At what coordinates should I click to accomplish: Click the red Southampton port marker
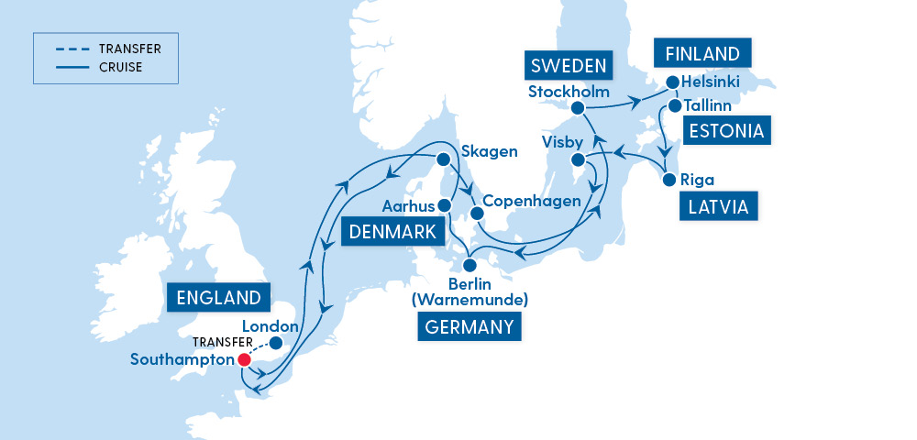coord(244,360)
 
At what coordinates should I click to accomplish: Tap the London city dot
coord(275,345)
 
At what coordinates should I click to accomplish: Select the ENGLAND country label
coord(220,298)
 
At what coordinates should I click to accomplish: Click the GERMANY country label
coord(469,327)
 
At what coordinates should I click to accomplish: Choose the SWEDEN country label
coord(568,66)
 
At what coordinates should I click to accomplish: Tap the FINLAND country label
coord(703,52)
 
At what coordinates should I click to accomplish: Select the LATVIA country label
coord(718,208)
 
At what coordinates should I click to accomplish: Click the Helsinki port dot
coord(672,82)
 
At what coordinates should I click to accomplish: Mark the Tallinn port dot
coord(674,105)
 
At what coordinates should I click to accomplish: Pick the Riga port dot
coord(670,180)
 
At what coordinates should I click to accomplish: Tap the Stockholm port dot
coord(578,109)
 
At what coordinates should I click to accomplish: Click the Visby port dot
coord(579,160)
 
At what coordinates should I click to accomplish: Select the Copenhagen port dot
coord(476,214)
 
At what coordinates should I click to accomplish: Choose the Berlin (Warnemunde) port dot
coord(470,266)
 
